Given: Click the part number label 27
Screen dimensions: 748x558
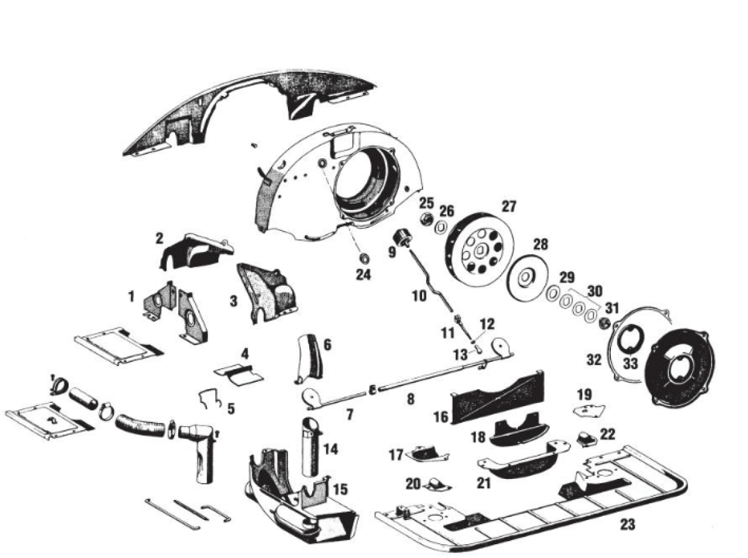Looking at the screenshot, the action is pyautogui.click(x=509, y=207).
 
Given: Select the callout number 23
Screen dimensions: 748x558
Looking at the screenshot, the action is pyautogui.click(x=627, y=524).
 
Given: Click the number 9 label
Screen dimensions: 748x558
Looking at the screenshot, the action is pyautogui.click(x=391, y=252).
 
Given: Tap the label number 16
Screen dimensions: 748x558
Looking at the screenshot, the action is pyautogui.click(x=441, y=417).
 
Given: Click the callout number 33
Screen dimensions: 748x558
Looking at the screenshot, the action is pyautogui.click(x=630, y=364).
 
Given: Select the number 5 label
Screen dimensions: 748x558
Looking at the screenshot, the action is pyautogui.click(x=231, y=409).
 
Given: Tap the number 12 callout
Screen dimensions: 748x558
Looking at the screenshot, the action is pyautogui.click(x=487, y=324).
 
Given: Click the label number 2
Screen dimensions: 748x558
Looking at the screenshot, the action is pyautogui.click(x=159, y=239).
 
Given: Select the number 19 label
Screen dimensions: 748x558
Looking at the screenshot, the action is pyautogui.click(x=585, y=395).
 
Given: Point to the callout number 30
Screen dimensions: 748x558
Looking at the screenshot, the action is pyautogui.click(x=595, y=291).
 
